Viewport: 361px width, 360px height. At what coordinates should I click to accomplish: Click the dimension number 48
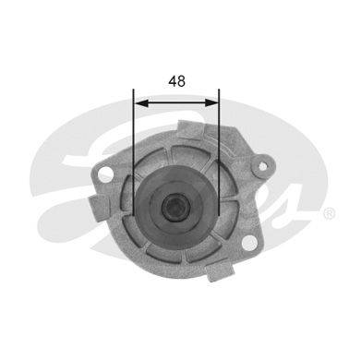(x=177, y=81)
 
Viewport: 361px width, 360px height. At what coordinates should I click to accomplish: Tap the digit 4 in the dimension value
(x=173, y=81)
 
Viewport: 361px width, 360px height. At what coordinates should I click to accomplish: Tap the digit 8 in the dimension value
(x=181, y=81)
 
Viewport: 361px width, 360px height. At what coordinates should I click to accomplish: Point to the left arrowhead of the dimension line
(x=142, y=103)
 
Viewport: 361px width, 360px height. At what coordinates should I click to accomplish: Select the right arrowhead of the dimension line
(x=211, y=103)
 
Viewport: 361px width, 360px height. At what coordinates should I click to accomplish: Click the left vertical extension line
(x=134, y=152)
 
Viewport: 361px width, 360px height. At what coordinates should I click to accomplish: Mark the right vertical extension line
(x=219, y=152)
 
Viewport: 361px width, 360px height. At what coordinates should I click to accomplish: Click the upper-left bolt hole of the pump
(x=104, y=174)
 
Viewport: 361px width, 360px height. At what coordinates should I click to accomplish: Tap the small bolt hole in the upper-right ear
(x=262, y=166)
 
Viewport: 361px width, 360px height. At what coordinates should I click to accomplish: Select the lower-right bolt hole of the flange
(x=249, y=243)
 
